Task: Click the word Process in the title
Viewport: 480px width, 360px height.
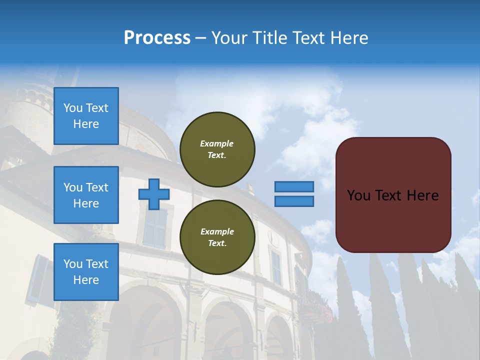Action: tap(157, 38)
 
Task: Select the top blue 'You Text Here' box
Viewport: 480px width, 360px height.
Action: tap(86, 116)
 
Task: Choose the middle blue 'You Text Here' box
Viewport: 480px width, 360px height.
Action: tap(86, 195)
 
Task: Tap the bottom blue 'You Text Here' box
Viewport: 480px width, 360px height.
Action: tap(86, 272)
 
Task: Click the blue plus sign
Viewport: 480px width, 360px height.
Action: tap(154, 194)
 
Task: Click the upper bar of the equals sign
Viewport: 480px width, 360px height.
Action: tap(294, 186)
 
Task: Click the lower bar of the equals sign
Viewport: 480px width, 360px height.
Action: tap(294, 201)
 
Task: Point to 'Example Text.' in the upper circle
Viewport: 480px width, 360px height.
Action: tap(217, 149)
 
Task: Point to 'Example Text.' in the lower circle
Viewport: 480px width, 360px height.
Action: tap(217, 237)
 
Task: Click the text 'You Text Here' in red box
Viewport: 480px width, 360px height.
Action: tap(393, 195)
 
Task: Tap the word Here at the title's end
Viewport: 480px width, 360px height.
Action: tap(350, 38)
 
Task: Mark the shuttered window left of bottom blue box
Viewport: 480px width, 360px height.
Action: tap(39, 280)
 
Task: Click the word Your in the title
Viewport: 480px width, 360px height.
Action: tap(228, 38)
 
